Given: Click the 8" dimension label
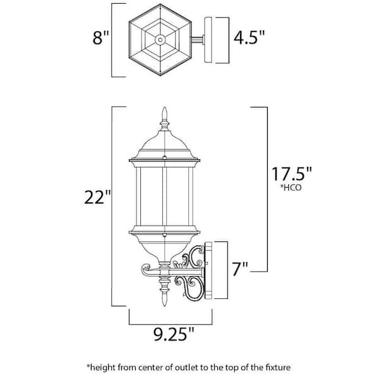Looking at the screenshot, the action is pyautogui.click(x=101, y=37).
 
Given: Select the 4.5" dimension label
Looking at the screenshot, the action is pyautogui.click(x=250, y=37).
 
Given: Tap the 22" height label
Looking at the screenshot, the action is pyautogui.click(x=97, y=197).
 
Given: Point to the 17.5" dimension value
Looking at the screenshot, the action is pyautogui.click(x=292, y=174).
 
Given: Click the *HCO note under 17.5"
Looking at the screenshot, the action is pyautogui.click(x=291, y=188).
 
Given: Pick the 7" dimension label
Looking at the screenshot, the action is pyautogui.click(x=240, y=268).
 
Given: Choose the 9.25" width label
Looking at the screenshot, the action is pyautogui.click(x=174, y=334).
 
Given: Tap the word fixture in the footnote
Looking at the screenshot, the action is pyautogui.click(x=277, y=368).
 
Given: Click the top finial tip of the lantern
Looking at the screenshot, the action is pyautogui.click(x=165, y=107).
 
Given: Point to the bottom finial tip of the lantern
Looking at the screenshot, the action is pyautogui.click(x=165, y=306).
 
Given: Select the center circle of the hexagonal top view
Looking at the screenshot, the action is pyautogui.click(x=160, y=39).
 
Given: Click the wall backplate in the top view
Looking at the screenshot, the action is pyautogui.click(x=208, y=40).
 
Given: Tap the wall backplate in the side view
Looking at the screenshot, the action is pyautogui.click(x=208, y=270).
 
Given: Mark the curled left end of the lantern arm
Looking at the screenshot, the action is pyautogui.click(x=145, y=269).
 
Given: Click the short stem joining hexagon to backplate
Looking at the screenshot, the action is pyautogui.click(x=198, y=40).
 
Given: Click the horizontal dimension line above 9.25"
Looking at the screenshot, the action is pyautogui.click(x=171, y=324).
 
